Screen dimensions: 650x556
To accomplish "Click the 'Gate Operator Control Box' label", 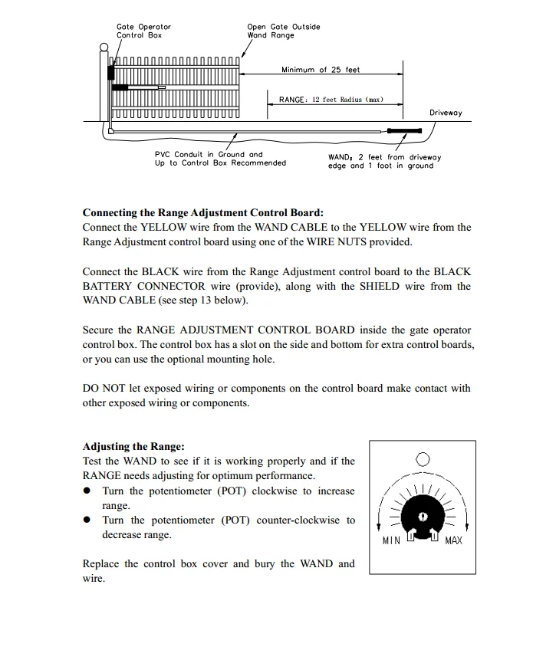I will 143,31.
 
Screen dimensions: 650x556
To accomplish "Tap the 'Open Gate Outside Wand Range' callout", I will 283,31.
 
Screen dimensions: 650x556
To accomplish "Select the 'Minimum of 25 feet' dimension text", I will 320,70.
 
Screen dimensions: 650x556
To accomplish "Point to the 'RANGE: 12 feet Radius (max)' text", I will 331,100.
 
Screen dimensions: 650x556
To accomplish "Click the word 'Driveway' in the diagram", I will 446,113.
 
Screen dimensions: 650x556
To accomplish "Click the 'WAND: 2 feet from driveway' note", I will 384,161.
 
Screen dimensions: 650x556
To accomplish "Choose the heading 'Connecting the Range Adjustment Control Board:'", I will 203,212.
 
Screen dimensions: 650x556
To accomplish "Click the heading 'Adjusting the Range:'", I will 133,446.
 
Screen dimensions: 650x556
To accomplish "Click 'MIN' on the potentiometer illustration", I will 391,541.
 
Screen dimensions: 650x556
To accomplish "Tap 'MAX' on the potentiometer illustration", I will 454,541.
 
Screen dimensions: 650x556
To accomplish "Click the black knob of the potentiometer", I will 423,510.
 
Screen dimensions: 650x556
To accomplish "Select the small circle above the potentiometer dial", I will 423,459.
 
